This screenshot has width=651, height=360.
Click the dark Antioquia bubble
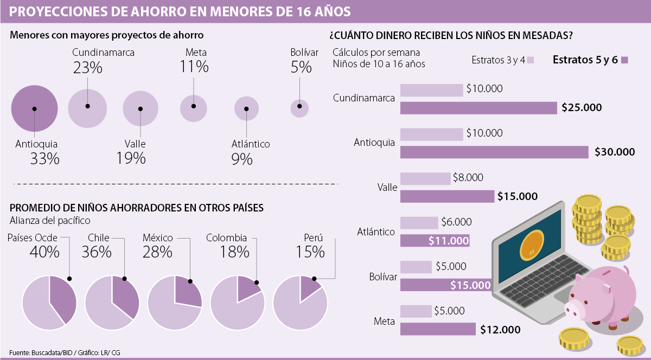click(34, 108)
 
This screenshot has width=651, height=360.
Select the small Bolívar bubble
click(299, 108)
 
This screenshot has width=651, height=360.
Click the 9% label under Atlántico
click(242, 159)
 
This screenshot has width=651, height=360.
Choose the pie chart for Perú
click(300, 302)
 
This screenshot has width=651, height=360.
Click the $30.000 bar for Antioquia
click(494, 152)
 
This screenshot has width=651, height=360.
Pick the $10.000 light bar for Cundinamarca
click(431, 90)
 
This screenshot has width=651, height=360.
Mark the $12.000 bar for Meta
click(438, 329)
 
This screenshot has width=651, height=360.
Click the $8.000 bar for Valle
click(425, 178)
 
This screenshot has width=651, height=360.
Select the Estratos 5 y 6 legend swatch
click(624, 60)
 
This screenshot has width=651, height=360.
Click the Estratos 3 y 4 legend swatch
click(531, 60)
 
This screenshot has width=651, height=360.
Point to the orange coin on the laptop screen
click(531, 244)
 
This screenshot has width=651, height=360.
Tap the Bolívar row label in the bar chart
click(383, 277)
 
